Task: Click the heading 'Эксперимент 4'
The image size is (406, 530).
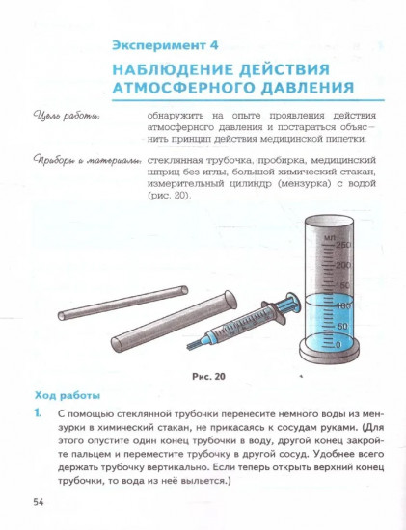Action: [166, 44]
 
